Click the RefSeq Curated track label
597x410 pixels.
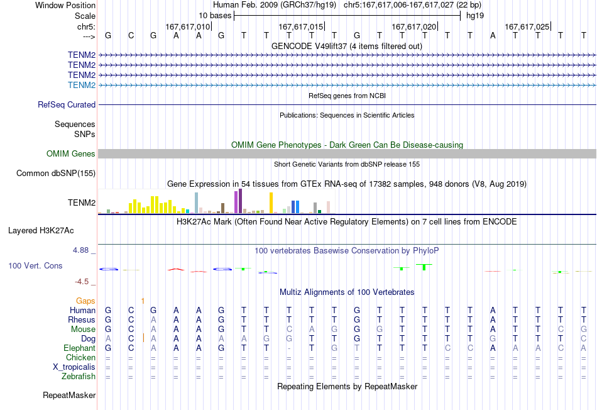(x=67, y=105)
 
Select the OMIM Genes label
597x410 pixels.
(x=71, y=153)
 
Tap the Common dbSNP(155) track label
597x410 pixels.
(x=56, y=174)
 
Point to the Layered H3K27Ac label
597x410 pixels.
(x=41, y=231)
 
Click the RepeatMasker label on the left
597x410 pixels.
(x=69, y=395)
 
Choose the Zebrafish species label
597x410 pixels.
(x=79, y=377)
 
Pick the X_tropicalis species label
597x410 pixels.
(x=74, y=367)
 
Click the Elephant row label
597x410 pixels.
(x=80, y=348)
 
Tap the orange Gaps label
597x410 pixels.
(x=85, y=301)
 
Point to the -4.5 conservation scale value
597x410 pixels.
(x=82, y=282)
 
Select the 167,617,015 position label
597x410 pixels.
(x=301, y=26)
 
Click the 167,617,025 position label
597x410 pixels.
(x=527, y=26)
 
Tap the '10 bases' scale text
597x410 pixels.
(x=215, y=16)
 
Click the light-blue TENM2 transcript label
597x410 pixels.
(x=82, y=85)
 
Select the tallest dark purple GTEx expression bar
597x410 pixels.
(x=240, y=201)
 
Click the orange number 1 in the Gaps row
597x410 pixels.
(x=143, y=301)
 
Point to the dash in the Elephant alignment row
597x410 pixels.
(x=289, y=348)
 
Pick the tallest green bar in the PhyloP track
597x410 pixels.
(x=424, y=267)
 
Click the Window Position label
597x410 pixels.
(x=65, y=5)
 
